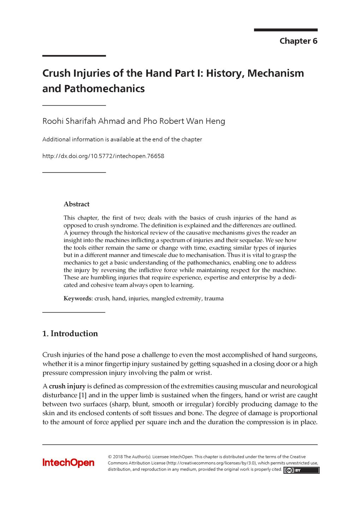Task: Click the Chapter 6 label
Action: point(298,41)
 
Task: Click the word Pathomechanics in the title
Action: point(104,89)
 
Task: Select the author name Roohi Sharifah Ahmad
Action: point(84,121)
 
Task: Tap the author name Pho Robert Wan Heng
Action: point(184,121)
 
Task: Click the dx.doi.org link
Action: point(103,156)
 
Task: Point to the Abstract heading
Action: point(77,204)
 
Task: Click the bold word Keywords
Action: point(77,298)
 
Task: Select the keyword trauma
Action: point(214,298)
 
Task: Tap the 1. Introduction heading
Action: point(70,334)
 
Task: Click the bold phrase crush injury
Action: point(67,386)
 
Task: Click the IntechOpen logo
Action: point(68,463)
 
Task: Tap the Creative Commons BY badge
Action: point(301,470)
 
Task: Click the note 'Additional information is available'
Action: point(122,139)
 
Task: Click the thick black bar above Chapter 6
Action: point(286,30)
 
